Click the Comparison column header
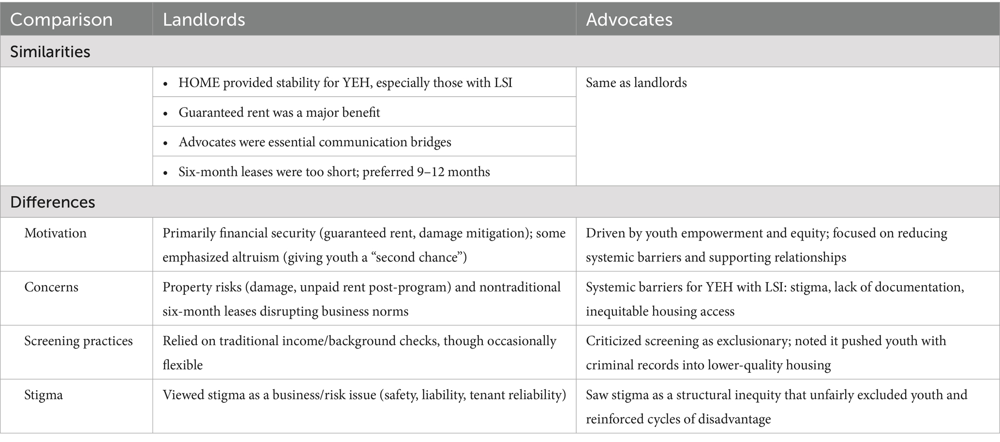point(61,20)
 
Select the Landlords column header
point(204,20)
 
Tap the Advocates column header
point(629,20)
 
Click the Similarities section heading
point(50,52)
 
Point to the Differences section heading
point(52,202)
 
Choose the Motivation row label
point(55,233)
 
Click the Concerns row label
point(51,287)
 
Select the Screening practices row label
point(78,341)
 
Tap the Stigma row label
point(44,395)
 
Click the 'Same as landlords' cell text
point(636,83)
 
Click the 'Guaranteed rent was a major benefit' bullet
point(279,113)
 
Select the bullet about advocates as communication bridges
point(314,142)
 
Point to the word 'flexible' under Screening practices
point(182,365)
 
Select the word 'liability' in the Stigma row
point(444,395)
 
